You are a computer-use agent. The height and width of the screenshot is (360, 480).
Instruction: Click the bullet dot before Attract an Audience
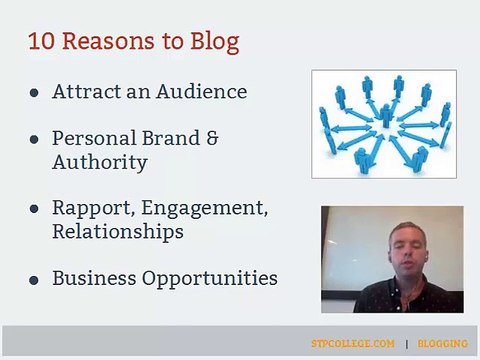33,92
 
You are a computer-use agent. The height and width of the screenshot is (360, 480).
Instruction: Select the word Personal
93,140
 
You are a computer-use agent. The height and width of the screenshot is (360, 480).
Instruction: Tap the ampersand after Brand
211,140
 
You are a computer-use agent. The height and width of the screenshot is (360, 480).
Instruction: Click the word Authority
99,162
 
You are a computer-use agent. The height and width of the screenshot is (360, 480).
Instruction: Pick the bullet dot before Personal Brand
33,141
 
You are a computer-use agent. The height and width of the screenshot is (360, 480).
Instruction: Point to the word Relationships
118,231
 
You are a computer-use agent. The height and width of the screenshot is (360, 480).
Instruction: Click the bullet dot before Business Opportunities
33,279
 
